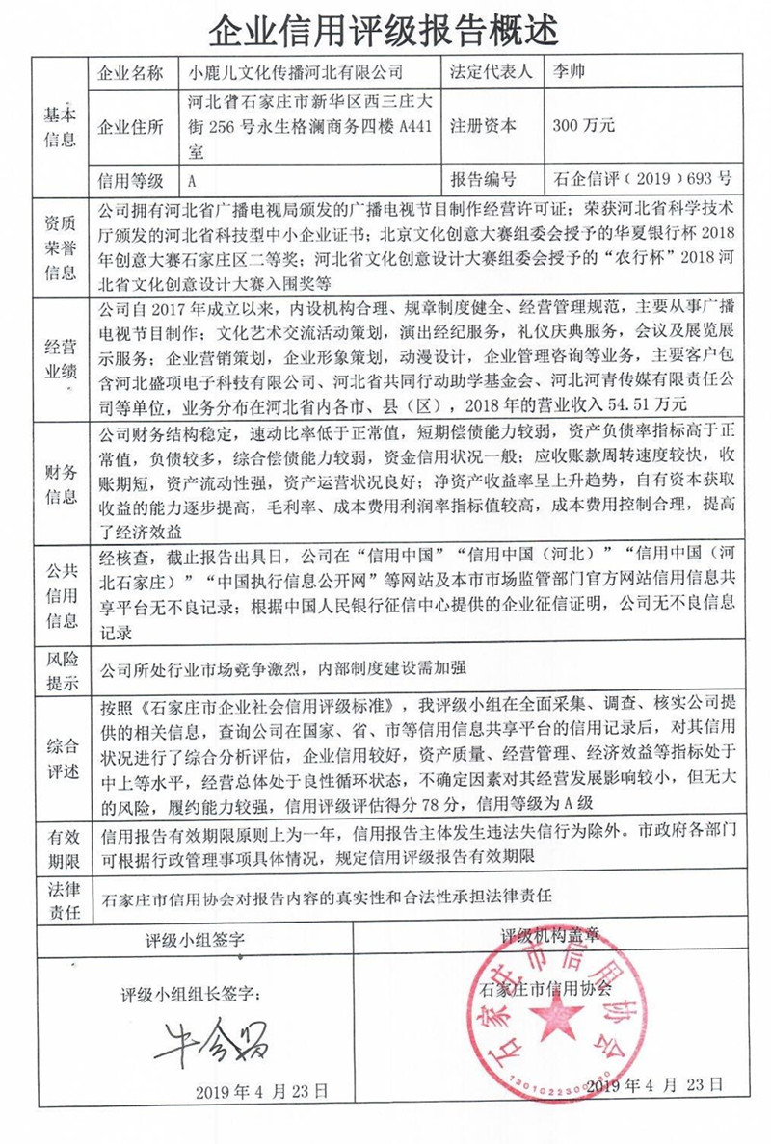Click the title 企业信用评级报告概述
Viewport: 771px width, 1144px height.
(x=385, y=31)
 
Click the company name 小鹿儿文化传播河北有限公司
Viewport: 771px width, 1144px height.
(x=297, y=73)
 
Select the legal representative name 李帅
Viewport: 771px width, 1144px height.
(x=571, y=73)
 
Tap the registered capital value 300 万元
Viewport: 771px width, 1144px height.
(x=584, y=125)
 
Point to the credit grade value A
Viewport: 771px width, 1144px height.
(x=193, y=179)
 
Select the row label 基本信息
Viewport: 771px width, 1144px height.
(x=60, y=125)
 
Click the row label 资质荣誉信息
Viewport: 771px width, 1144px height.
(x=60, y=247)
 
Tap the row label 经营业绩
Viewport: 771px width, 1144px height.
(x=60, y=356)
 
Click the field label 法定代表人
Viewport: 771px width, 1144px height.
(x=490, y=73)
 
